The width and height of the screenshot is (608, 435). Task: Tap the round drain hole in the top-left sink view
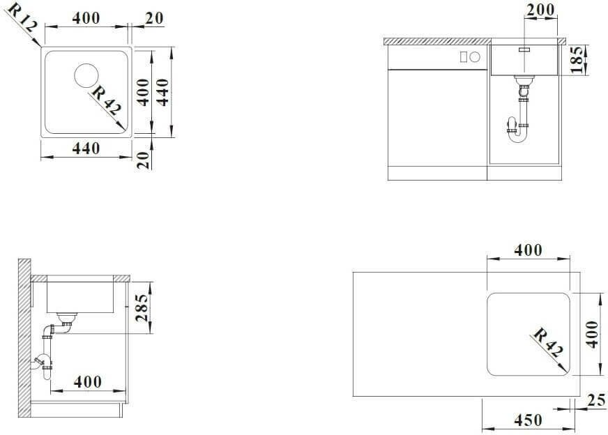pyautogui.click(x=86, y=76)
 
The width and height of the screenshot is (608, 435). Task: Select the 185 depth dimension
pyautogui.click(x=577, y=59)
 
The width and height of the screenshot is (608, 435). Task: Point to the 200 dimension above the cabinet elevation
pyautogui.click(x=540, y=10)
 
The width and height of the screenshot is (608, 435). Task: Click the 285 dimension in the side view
pyautogui.click(x=142, y=308)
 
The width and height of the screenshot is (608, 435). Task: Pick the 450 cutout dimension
pyautogui.click(x=528, y=420)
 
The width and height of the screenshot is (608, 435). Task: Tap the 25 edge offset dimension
pyautogui.click(x=596, y=401)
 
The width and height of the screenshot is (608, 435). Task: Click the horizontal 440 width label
pyautogui.click(x=86, y=148)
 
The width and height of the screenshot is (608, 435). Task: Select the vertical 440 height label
pyautogui.click(x=163, y=92)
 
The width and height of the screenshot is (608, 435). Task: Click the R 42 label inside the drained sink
pyautogui.click(x=106, y=100)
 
